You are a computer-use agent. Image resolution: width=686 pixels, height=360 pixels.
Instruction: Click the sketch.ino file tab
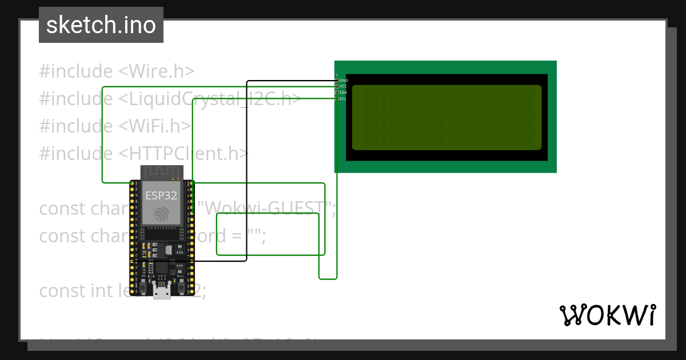point(101,25)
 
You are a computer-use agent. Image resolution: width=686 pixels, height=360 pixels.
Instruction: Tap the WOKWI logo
point(607,315)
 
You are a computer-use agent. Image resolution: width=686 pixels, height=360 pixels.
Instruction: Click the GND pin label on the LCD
point(344,81)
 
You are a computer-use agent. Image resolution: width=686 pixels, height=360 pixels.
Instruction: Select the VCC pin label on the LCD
point(344,86)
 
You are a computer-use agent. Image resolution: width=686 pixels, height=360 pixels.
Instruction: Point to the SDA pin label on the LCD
point(344,93)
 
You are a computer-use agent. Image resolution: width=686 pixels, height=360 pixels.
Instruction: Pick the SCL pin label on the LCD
point(344,99)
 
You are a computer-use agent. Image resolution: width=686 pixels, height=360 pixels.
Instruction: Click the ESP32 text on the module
point(161,195)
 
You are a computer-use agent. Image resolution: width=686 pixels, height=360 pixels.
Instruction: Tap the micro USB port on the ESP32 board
point(162,293)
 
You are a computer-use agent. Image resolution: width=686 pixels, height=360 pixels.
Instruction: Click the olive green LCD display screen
point(446,117)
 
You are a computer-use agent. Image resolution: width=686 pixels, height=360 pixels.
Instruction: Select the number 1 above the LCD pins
point(337,75)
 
